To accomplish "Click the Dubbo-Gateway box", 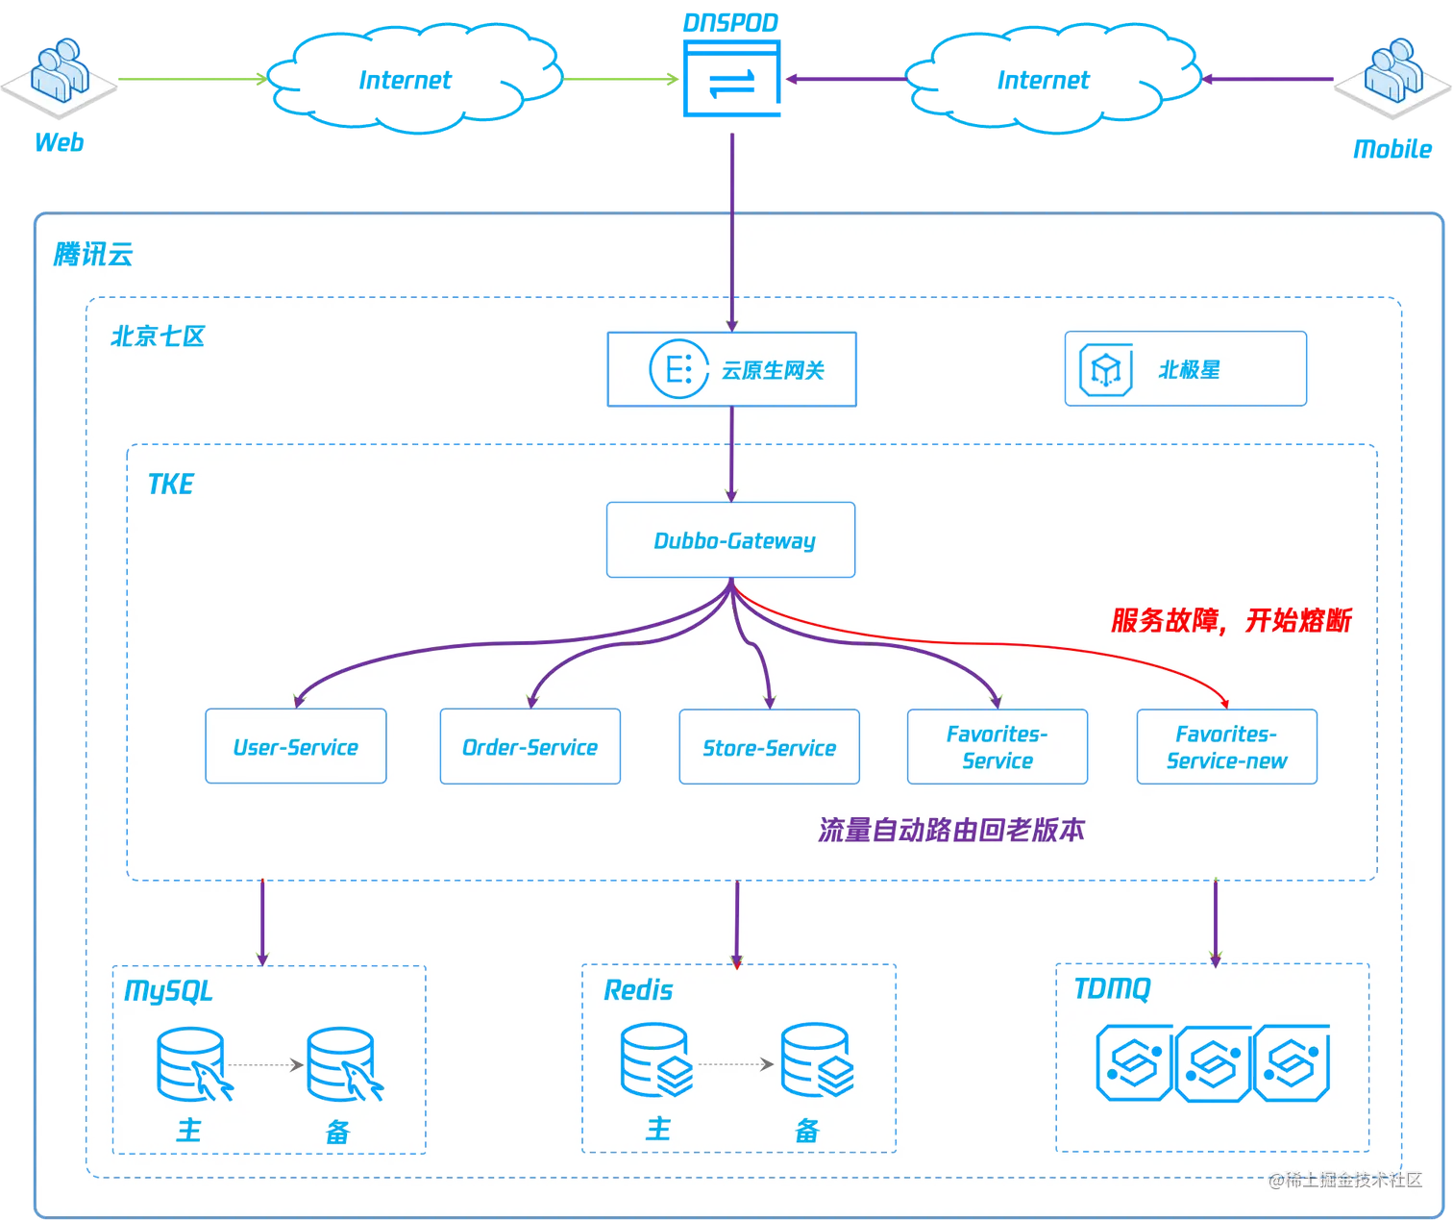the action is [x=730, y=539].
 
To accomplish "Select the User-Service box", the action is [x=296, y=746].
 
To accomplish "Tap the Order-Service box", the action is [x=529, y=746].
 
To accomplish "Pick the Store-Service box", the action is [x=769, y=746].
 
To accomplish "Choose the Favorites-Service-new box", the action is [x=1226, y=746].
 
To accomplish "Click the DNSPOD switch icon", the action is [x=731, y=78].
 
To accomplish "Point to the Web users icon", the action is [x=60, y=72].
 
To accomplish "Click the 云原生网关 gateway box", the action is [x=731, y=368].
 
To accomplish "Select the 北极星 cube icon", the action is [x=1105, y=369].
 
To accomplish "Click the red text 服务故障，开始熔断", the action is [x=1230, y=620].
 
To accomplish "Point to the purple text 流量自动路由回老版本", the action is [x=951, y=830].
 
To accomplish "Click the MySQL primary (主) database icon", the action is [x=193, y=1063].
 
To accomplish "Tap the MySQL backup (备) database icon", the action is [x=344, y=1063].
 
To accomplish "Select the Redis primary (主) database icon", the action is [x=656, y=1059].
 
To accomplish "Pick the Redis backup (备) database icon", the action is [x=817, y=1059].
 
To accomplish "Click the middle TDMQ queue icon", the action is [x=1213, y=1063].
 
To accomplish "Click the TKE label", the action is [x=170, y=484].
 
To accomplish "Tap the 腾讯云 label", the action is [x=92, y=254].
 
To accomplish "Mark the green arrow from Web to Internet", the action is [x=193, y=79].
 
